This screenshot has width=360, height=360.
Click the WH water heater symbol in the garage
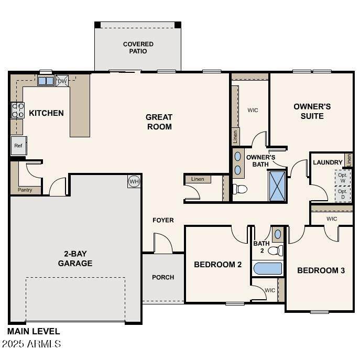point(134,182)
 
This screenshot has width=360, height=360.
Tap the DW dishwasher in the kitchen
point(62,81)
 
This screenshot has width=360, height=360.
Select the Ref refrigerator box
point(18,146)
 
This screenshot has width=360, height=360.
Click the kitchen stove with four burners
point(18,110)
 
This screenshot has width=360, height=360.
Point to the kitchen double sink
point(46,81)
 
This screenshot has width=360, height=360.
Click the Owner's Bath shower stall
point(277,186)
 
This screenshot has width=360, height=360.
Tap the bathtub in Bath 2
point(268,268)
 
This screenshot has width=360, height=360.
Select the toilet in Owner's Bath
point(240,189)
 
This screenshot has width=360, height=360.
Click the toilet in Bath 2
point(276,250)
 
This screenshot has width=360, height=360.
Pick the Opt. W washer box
point(343,178)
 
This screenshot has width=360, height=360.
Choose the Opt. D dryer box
point(343,194)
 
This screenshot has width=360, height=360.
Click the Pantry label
point(25,190)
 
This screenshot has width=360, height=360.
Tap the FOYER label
point(163,220)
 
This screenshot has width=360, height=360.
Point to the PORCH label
point(163,277)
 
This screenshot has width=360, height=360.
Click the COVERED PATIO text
point(138,48)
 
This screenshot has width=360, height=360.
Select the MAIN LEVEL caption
point(34,331)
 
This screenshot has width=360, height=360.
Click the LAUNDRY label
point(328,162)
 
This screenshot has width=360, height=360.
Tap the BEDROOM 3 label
point(321,270)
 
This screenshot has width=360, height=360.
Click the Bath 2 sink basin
point(278,234)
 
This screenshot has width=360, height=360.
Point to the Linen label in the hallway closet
point(198,179)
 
